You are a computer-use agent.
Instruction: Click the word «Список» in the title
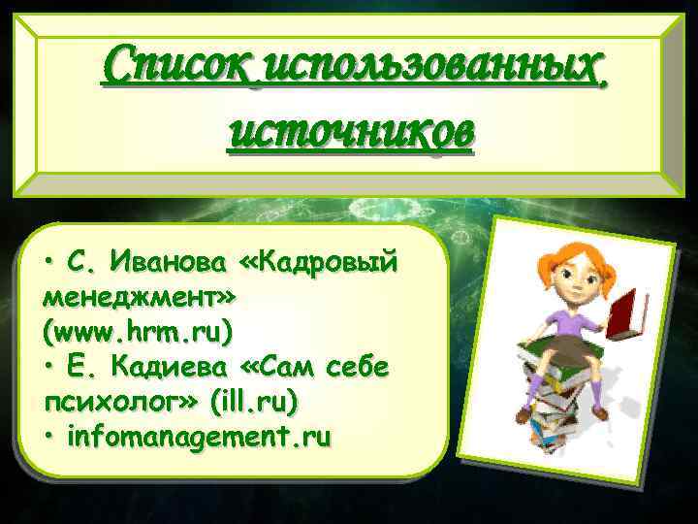click(178, 69)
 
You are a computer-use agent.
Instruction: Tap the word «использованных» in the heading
click(433, 69)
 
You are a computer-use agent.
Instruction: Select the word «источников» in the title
click(351, 133)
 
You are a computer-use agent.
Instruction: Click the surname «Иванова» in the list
click(170, 260)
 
